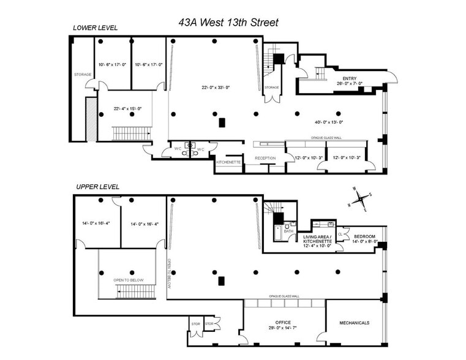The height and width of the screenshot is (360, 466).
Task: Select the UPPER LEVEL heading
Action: point(97,187)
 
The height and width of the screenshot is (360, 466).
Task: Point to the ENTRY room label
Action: point(350,78)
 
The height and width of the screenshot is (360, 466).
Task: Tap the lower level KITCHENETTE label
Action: point(228,162)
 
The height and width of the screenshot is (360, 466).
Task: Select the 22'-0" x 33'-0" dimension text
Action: point(214,87)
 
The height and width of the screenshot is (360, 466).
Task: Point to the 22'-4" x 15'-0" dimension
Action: point(127,108)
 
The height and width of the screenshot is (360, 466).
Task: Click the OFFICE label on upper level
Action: point(283,322)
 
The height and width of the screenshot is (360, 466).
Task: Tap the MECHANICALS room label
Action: point(355,323)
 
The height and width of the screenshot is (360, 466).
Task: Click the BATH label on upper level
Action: point(288,231)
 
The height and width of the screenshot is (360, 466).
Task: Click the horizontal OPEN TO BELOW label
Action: point(127,280)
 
